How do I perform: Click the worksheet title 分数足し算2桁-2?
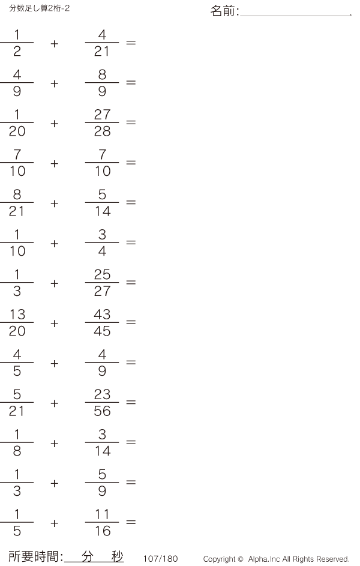40,8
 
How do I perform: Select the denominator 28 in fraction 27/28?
102,131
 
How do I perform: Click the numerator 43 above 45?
102,315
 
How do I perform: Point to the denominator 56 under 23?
102,411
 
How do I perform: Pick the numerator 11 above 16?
103,514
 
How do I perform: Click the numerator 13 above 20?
17,315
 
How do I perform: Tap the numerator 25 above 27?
102,274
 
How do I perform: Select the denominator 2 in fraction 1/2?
17,51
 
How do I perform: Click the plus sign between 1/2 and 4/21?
54,44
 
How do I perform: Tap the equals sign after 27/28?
131,122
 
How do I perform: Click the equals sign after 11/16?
131,522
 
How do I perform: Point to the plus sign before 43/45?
54,323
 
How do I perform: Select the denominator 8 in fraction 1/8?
17,451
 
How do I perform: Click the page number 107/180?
161,559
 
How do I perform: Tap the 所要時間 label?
34,556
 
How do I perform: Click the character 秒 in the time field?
117,556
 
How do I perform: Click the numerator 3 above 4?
102,235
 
